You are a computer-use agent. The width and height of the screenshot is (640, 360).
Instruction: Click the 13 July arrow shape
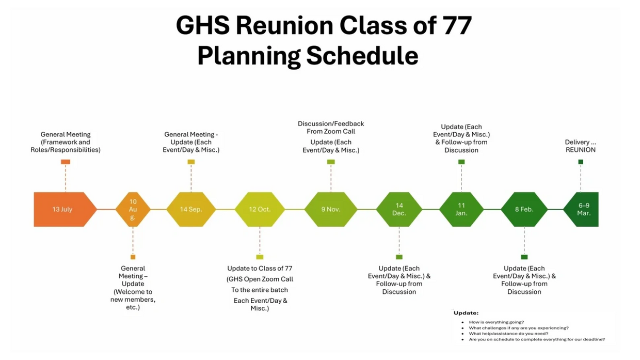(65, 209)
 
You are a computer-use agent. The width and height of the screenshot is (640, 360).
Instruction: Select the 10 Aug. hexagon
(133, 209)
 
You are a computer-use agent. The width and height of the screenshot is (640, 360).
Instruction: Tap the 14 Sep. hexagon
(191, 209)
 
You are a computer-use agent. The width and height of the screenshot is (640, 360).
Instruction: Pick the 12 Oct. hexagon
(260, 209)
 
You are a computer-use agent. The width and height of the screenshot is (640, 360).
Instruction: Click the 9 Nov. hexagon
(331, 209)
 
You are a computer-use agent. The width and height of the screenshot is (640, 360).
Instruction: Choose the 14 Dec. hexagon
(399, 209)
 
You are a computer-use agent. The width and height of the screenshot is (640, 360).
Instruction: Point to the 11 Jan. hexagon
(461, 209)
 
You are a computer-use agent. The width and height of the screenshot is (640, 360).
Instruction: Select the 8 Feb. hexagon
(524, 209)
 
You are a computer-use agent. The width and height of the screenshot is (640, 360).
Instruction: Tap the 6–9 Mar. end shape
(581, 209)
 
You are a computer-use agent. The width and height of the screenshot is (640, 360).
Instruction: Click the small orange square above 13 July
(66, 162)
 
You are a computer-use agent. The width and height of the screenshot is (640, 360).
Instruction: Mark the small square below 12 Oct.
(260, 257)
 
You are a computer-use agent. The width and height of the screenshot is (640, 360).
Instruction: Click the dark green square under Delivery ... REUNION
(581, 162)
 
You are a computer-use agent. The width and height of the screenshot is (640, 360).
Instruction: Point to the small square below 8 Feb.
(524, 257)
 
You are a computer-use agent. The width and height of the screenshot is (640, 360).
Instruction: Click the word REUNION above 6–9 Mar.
(581, 150)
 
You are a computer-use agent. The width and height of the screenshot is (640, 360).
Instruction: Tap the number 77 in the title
(457, 25)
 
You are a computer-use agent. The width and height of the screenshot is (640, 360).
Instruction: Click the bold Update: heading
(466, 313)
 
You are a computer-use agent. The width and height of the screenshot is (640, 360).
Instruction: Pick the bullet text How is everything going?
(497, 322)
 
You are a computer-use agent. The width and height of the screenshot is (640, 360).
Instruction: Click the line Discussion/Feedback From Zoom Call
(331, 128)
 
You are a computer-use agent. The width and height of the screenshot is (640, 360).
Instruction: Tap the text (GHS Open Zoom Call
(260, 279)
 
